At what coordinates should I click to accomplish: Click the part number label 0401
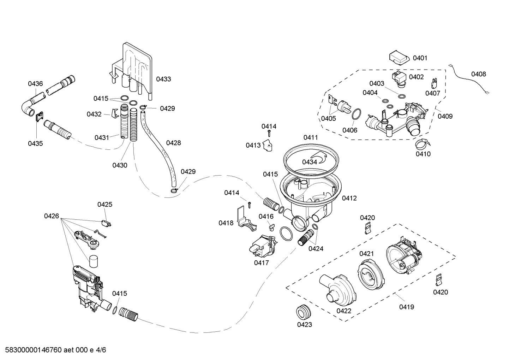pos(420,58)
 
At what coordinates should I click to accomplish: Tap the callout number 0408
pos(478,74)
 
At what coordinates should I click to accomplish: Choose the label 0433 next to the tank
pos(163,79)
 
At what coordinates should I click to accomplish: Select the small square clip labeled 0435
pos(40,116)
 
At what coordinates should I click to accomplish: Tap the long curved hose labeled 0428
pos(157,148)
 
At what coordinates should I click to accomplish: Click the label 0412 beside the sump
pos(349,198)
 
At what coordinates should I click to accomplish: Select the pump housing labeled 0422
pos(337,290)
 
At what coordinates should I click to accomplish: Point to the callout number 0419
pos(406,307)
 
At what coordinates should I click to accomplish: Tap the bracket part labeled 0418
pos(246,221)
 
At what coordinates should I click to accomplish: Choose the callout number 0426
pos(52,216)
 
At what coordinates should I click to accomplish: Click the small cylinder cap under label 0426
pos(93,262)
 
